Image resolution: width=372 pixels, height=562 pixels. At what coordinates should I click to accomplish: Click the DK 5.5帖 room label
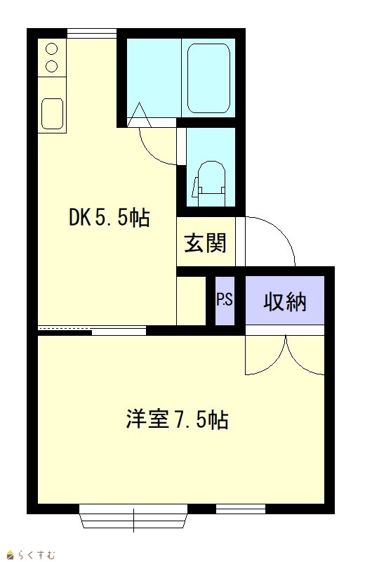click(x=109, y=217)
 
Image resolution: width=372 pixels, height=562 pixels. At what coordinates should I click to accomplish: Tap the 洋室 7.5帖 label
click(x=178, y=419)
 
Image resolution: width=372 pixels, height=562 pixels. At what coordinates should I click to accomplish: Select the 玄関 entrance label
click(x=206, y=243)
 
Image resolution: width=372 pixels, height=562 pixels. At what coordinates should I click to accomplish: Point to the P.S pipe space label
click(x=225, y=299)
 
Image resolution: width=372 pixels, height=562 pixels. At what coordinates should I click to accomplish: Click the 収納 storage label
click(x=285, y=301)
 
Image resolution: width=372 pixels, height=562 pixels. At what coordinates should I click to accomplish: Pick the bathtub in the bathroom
click(x=208, y=78)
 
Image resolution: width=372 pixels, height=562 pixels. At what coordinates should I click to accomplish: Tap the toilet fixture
click(x=211, y=184)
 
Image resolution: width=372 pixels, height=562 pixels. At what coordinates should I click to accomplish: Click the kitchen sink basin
click(x=52, y=113)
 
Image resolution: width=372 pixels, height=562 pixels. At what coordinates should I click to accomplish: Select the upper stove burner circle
click(x=52, y=48)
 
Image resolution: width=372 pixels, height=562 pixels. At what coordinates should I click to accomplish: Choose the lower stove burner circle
click(x=52, y=66)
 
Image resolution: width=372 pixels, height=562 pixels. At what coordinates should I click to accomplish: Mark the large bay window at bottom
click(x=133, y=516)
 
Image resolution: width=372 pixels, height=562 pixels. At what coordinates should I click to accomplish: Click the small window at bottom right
click(x=241, y=509)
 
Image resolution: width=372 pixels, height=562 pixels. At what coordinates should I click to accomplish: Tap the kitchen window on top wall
click(x=92, y=33)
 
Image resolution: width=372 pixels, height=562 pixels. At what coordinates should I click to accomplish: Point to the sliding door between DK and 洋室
click(x=92, y=330)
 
